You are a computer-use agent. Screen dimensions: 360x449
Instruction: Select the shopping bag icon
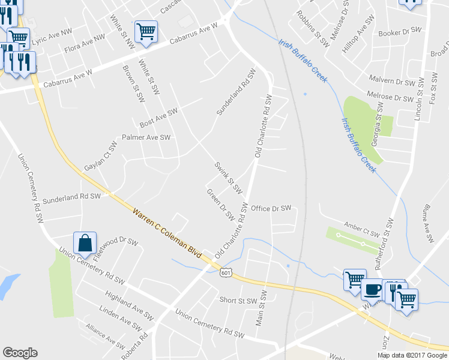[x=85, y=243]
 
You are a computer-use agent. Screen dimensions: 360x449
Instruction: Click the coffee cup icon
[x=372, y=289]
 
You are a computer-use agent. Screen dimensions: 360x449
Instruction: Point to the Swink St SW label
[x=229, y=178]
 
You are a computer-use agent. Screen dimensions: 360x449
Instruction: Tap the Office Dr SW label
[x=271, y=208]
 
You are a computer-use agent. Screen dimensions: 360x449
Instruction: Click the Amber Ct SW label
[x=362, y=230]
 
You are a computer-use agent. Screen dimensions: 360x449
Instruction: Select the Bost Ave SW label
[x=158, y=117]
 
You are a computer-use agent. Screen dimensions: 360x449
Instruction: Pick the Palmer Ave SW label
[x=146, y=137]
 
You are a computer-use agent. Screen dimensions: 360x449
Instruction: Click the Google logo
[x=20, y=353]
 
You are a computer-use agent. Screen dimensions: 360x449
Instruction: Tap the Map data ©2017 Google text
[x=412, y=355]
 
